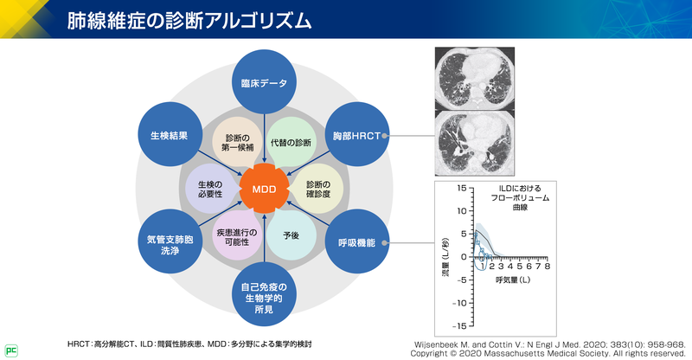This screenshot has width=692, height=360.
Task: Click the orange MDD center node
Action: pyautogui.click(x=264, y=189)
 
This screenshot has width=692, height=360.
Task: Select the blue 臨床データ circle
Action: pyautogui.click(x=264, y=83)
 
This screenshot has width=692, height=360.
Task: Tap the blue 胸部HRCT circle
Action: pyautogui.click(x=356, y=135)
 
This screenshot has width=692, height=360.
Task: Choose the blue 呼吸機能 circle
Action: pyautogui.click(x=356, y=243)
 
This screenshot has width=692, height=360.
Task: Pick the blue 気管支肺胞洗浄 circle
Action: pyautogui.click(x=170, y=243)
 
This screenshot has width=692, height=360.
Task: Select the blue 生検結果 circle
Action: pyautogui.click(x=170, y=135)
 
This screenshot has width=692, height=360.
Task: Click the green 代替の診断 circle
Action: pyautogui.click(x=290, y=143)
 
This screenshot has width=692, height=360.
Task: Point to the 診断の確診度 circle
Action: pyautogui.click(x=317, y=189)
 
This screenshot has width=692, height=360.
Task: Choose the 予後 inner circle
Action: pyautogui.click(x=290, y=235)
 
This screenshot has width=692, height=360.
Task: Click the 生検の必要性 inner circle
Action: pyautogui.click(x=210, y=189)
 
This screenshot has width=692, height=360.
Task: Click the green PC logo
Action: pyautogui.click(x=11, y=350)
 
